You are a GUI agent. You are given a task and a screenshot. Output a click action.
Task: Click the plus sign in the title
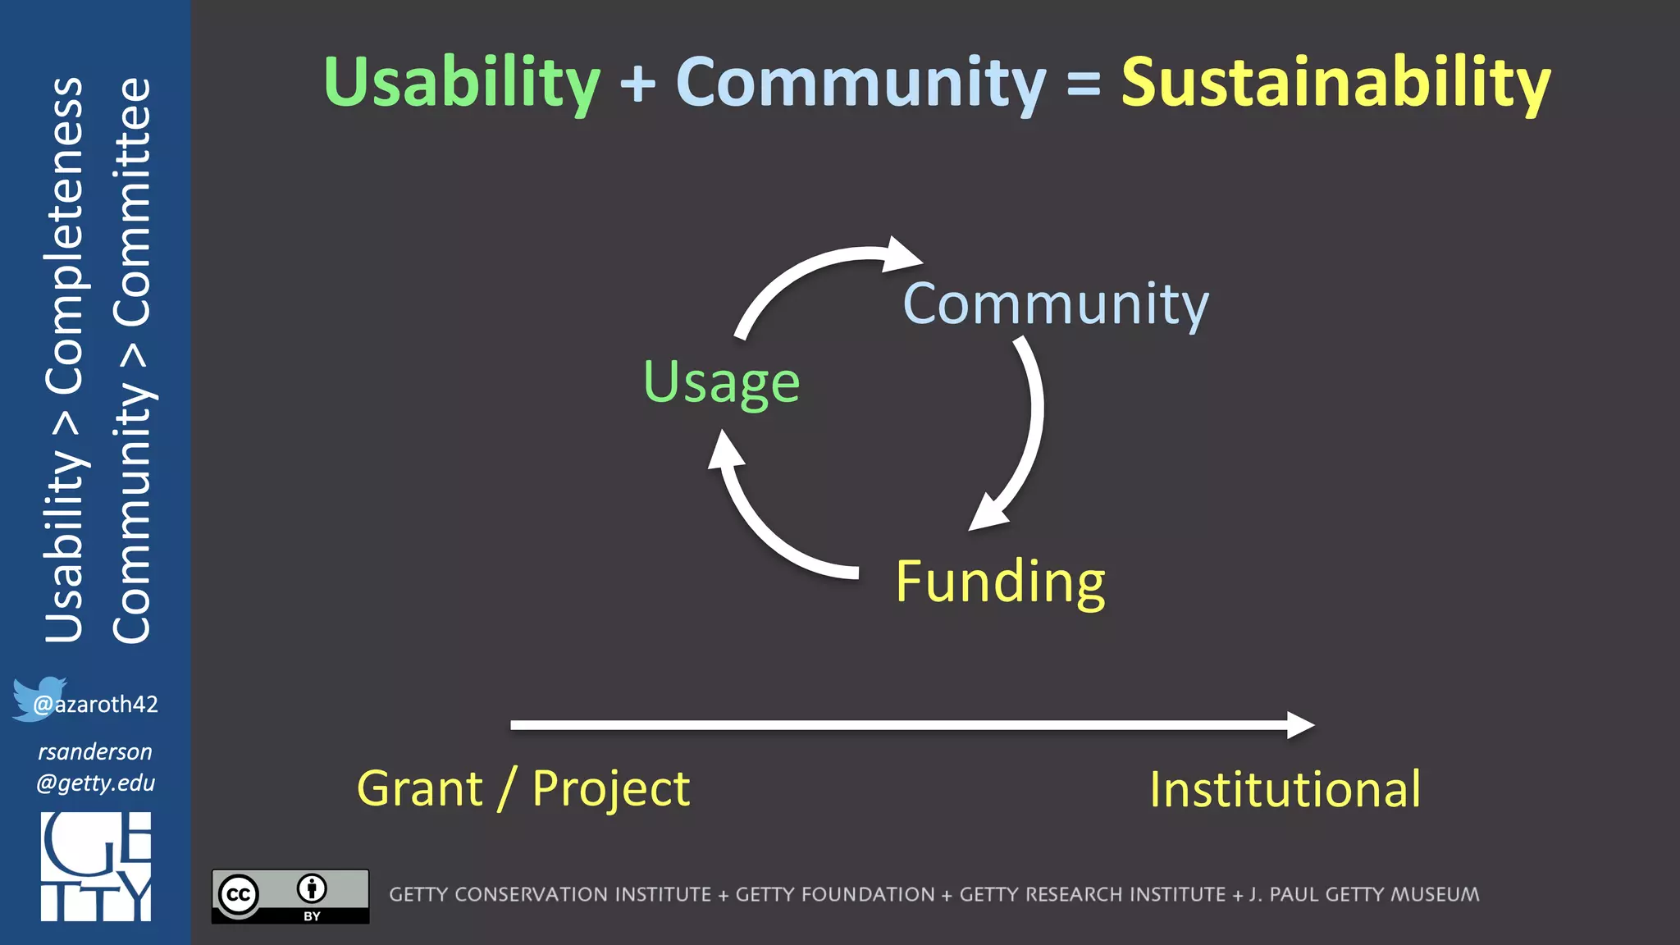[x=638, y=84]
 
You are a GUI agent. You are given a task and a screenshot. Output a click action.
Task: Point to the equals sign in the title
[x=1084, y=84]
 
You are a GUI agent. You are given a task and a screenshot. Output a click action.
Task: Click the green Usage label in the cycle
[x=721, y=382]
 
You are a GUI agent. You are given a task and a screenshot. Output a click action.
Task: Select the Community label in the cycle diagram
[x=1055, y=304]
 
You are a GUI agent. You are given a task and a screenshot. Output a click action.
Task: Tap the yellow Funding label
[x=1000, y=582]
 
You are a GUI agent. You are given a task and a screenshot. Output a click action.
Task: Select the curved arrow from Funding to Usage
[x=763, y=525]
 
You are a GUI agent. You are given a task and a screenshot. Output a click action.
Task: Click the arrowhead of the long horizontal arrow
[x=1300, y=725]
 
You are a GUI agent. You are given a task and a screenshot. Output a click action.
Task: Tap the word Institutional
[x=1285, y=789]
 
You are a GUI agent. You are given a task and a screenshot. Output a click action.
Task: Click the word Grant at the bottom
[x=420, y=789]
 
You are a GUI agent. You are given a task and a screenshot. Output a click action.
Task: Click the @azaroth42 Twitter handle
[x=95, y=704]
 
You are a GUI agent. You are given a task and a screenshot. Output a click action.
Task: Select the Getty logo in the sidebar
[x=96, y=866]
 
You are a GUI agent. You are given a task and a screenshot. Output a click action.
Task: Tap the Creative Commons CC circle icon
[x=239, y=894]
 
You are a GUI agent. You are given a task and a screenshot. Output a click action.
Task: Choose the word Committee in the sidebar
[x=131, y=202]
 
